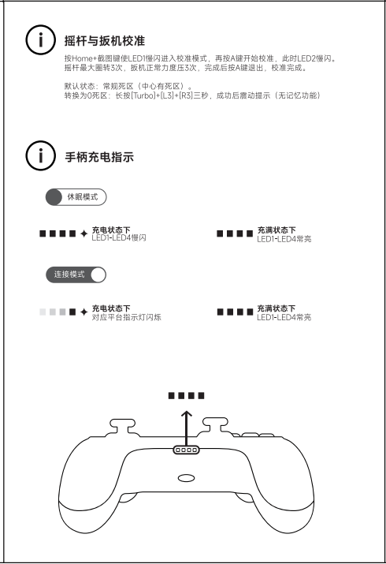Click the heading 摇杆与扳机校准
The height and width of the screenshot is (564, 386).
click(105, 41)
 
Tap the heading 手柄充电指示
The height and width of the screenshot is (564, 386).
click(99, 157)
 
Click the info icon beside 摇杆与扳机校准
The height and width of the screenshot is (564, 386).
click(41, 40)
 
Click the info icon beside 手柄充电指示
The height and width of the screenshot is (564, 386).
click(41, 155)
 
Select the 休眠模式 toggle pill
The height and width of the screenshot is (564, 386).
click(76, 197)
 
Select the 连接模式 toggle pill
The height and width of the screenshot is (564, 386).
click(76, 275)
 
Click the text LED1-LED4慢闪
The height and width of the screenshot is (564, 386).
click(119, 237)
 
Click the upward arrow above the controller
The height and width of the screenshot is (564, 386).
click(187, 429)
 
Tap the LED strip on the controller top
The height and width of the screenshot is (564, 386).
click(187, 450)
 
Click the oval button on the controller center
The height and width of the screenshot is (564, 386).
click(187, 478)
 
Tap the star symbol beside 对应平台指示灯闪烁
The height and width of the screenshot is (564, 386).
click(84, 312)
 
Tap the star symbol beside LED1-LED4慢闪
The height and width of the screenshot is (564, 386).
click(84, 233)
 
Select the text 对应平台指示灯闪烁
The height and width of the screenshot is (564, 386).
click(126, 317)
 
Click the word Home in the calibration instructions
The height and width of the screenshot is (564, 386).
click(82, 58)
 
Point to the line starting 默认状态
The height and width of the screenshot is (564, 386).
click(128, 86)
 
